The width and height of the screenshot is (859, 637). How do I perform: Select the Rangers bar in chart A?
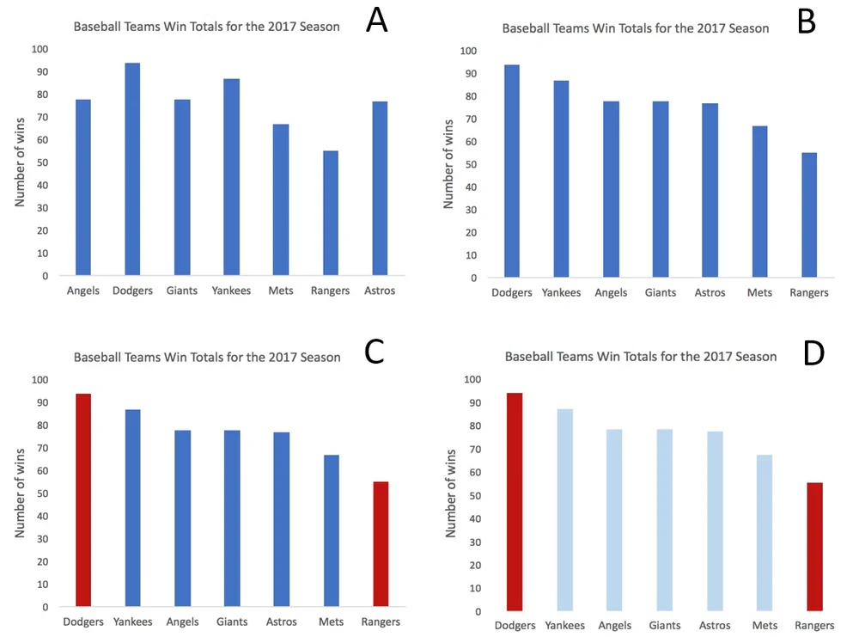330,214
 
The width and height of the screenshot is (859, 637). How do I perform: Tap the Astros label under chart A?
379,291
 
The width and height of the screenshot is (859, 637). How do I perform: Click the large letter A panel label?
376,21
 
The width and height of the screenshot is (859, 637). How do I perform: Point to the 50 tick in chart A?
42,162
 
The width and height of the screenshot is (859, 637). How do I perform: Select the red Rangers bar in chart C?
381,544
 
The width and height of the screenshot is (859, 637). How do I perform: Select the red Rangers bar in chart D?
814,547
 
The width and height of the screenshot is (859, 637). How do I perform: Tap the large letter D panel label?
813,352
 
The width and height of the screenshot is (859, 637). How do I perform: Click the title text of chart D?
640,356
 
